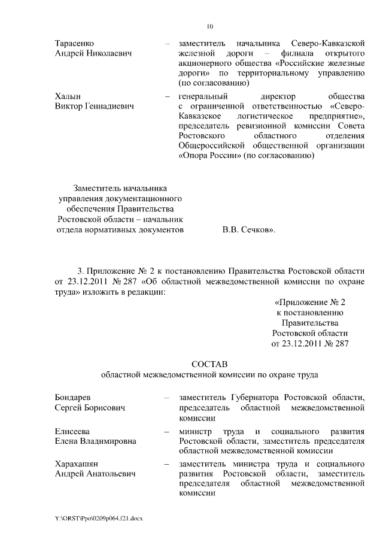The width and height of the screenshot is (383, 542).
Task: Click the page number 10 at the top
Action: click(x=209, y=26)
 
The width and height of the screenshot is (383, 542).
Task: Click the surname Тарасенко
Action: click(x=74, y=44)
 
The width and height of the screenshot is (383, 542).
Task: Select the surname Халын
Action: click(x=68, y=96)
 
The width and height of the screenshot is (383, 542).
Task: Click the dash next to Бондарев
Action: click(x=166, y=398)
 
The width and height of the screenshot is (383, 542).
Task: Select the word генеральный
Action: click(x=202, y=96)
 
